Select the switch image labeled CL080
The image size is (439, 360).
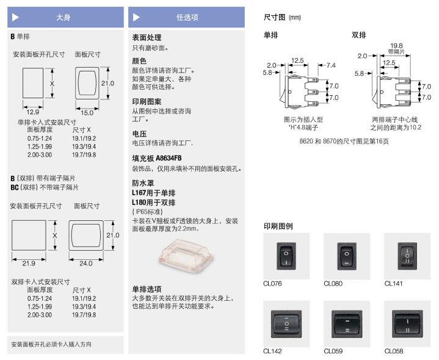(x=346, y=256)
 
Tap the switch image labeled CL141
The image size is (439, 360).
(x=407, y=256)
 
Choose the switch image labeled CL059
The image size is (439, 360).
(x=346, y=323)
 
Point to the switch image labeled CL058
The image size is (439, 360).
(x=407, y=323)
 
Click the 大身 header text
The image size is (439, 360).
(x=63, y=18)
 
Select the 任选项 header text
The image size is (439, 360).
(x=187, y=18)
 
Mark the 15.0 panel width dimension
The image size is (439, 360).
(x=87, y=113)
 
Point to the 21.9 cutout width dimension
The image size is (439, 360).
(x=28, y=263)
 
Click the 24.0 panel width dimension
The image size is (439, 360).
(x=86, y=264)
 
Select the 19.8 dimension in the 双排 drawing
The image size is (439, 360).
(x=396, y=45)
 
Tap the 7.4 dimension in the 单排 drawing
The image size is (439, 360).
(x=330, y=65)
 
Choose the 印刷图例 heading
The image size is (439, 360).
(x=278, y=226)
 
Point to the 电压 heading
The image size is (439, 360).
(x=139, y=133)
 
